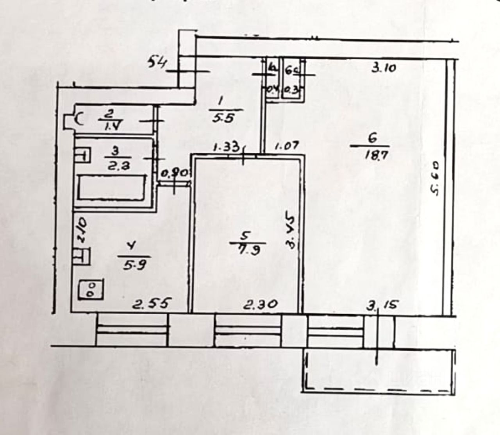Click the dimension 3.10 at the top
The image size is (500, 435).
click(x=384, y=68)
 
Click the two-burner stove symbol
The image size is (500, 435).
click(x=91, y=290)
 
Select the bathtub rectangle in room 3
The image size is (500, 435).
click(x=112, y=188)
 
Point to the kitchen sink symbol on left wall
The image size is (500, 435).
click(x=83, y=256)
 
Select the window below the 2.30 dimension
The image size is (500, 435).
click(x=248, y=330)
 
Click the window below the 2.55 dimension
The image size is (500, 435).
click(x=133, y=330)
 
